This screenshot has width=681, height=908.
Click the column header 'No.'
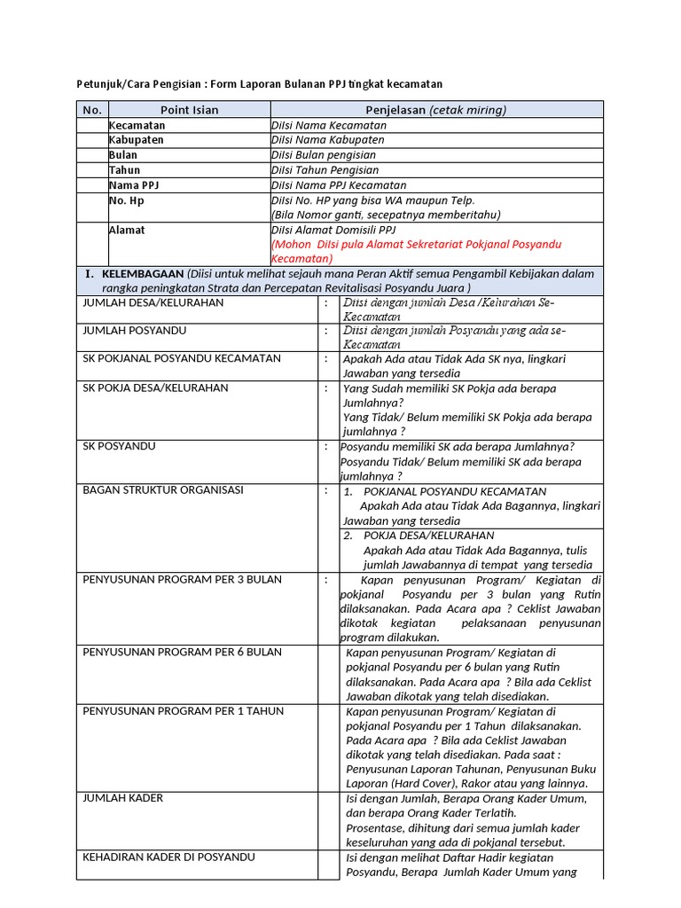coord(92,110)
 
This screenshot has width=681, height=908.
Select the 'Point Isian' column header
coord(189,110)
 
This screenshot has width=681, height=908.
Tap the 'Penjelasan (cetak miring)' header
coord(435,110)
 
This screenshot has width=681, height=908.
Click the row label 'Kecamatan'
coord(137,125)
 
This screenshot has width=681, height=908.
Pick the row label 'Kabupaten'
coord(137,140)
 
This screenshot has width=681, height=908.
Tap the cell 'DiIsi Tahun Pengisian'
coord(325,170)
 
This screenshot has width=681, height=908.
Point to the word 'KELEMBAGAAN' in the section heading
coord(143,274)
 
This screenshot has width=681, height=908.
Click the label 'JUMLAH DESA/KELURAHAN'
coord(153,302)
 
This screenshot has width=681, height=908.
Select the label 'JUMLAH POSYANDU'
coord(134,331)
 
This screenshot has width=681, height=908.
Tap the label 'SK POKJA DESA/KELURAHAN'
coord(155,388)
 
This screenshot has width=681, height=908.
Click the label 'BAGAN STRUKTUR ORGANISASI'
coord(162,490)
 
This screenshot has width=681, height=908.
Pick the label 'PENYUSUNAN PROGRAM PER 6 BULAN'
coord(182,653)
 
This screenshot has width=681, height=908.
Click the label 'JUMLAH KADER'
coord(122,798)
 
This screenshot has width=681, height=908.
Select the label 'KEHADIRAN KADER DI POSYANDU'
coord(168,857)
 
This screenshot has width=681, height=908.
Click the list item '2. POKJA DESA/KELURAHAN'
coord(418,536)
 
